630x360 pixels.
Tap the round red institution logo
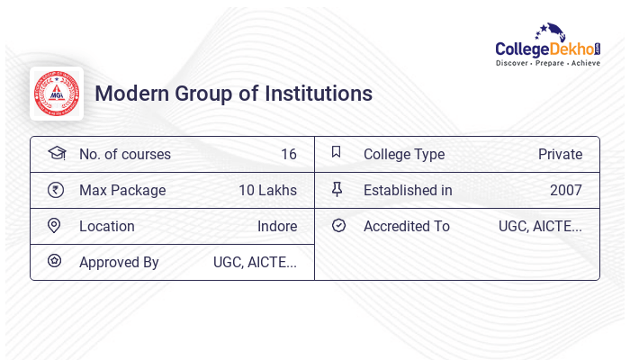57,94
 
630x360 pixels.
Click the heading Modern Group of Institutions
233,94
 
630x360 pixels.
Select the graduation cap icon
56,154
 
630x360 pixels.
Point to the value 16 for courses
288,154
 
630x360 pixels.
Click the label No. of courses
124,154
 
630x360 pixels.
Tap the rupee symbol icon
56,190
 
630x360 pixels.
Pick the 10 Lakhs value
267,190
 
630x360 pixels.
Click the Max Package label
122,190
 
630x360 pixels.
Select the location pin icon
55,226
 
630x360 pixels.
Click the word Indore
277,226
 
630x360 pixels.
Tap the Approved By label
119,262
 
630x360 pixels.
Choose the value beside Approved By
255,262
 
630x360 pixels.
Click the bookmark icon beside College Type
337,153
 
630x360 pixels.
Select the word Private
560,154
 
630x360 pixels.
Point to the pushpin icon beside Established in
337,190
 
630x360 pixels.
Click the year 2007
565,190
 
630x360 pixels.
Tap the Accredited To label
406,226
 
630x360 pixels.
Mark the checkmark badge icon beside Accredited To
338,226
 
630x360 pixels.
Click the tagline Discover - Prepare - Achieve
547,64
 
